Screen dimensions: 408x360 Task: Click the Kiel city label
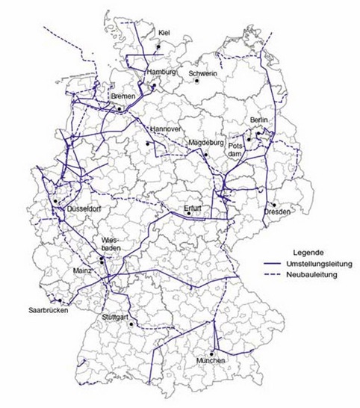(165, 32)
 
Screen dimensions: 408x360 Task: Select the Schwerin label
(203, 74)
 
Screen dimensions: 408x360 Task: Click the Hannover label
(165, 129)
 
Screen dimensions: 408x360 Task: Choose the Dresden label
(276, 212)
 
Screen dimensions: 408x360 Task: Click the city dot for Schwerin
(196, 81)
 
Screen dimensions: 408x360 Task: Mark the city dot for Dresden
(275, 203)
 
